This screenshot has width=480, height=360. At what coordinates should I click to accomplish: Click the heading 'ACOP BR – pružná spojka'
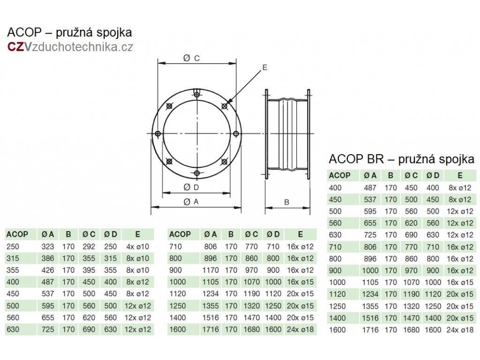coord(402,159)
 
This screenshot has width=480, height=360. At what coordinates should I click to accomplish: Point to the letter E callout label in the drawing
coord(265,68)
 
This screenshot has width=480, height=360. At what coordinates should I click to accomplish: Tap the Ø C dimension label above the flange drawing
coord(192,58)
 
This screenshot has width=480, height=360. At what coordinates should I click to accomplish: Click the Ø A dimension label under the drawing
coord(193,202)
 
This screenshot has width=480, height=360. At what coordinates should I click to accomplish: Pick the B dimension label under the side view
coord(287,202)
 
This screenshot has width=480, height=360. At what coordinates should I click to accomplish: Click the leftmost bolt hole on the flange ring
coord(158,134)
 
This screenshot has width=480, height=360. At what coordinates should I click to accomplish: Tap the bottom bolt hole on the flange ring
coord(196,174)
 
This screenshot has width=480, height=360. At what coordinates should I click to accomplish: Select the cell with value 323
coord(48,246)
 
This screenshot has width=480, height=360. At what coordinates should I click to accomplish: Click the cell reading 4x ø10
coord(136,246)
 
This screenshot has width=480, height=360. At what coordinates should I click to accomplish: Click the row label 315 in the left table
coord(13,258)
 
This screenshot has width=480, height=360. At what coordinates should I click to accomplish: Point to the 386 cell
coord(48,258)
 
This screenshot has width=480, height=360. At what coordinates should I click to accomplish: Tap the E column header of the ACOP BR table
coord(460,176)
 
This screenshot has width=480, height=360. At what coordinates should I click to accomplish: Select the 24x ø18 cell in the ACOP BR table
coord(460,330)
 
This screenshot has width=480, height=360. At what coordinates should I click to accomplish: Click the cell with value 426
coord(48,270)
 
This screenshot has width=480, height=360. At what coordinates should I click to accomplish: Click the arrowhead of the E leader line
coord(228,104)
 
